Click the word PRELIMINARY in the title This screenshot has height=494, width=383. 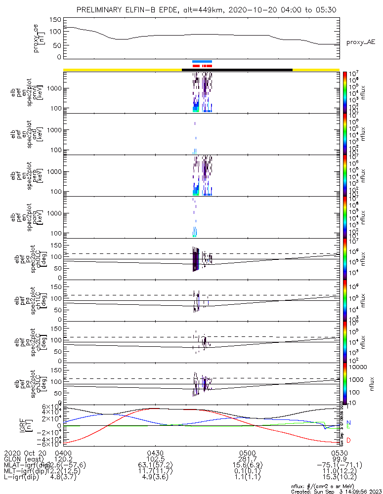tap(101, 10)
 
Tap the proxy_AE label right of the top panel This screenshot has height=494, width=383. tap(360, 42)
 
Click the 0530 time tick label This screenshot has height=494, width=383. tap(339, 453)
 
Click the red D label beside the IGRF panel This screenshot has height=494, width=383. tap(348, 440)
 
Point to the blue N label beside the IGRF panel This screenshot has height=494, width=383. tap(348, 423)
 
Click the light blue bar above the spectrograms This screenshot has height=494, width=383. tap(202, 62)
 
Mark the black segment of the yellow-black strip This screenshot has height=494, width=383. tap(237, 70)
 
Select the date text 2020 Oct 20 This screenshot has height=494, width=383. tap(25, 453)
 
